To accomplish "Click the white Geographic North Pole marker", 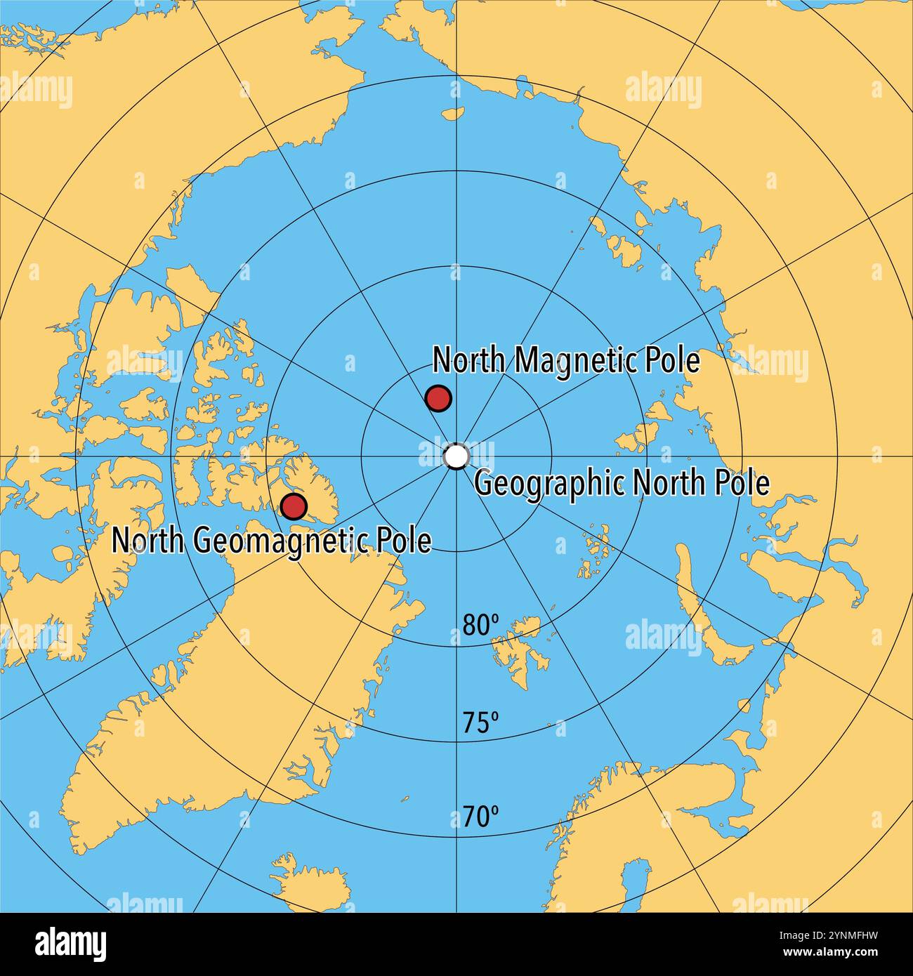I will tap(456, 456).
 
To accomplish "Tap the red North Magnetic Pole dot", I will tap(438, 398).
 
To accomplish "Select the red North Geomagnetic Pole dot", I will tap(294, 506).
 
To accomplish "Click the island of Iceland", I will tap(309, 881).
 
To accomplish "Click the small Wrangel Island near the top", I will tap(454, 112).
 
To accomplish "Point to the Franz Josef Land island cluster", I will tap(593, 548).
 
